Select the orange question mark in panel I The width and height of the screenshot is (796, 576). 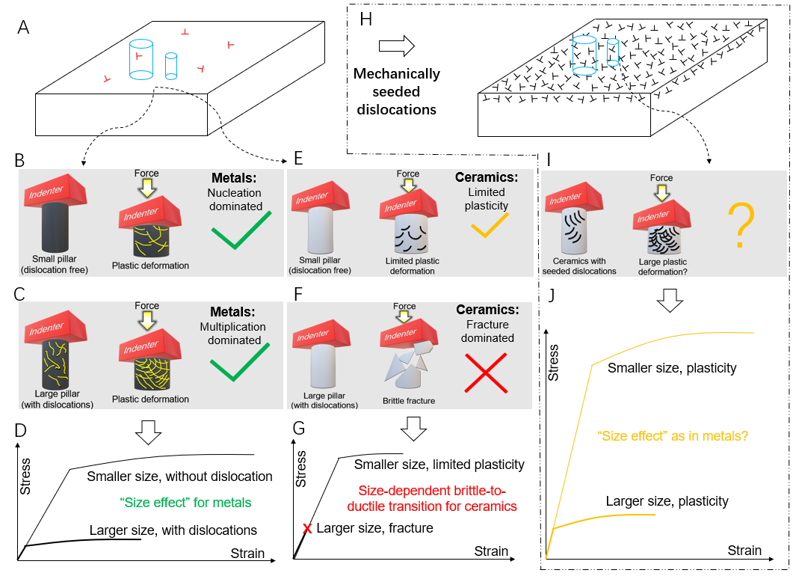pyautogui.click(x=740, y=226)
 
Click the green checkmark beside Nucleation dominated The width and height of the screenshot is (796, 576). pyautogui.click(x=241, y=231)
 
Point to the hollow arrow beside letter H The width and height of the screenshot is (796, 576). pyautogui.click(x=396, y=47)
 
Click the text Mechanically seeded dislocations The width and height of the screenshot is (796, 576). pyautogui.click(x=396, y=92)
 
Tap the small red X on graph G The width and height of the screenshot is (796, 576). pyautogui.click(x=306, y=529)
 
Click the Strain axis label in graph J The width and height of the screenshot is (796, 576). pyautogui.click(x=744, y=551)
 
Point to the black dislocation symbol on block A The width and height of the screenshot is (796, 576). pyautogui.click(x=185, y=32)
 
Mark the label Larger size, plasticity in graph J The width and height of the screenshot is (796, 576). pyautogui.click(x=667, y=501)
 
